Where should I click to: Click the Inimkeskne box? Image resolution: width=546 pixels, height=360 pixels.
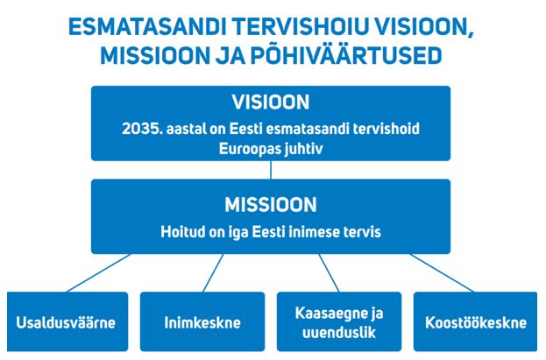click(x=202, y=321)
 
